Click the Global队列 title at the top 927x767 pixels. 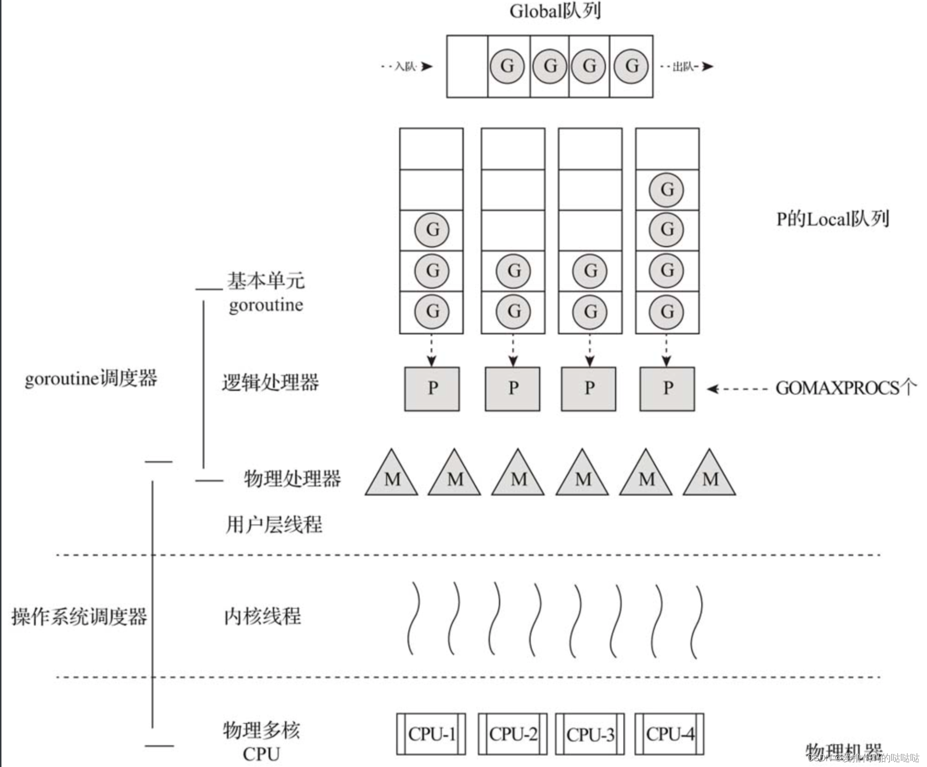(555, 11)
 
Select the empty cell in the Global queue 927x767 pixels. (467, 66)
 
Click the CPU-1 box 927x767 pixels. (431, 734)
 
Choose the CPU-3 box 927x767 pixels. (590, 734)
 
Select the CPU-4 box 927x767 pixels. (669, 734)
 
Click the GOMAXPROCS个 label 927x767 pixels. (845, 388)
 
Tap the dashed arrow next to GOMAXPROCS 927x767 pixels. (737, 388)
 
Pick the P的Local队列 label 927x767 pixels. (832, 219)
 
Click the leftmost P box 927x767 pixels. (432, 388)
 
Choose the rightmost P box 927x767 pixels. (667, 388)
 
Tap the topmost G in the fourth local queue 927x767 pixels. (667, 190)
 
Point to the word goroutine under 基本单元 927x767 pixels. (266, 305)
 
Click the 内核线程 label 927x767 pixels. (262, 616)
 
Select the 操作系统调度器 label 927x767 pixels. (79, 617)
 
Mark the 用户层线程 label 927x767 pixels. (274, 525)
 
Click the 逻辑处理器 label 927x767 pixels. (270, 383)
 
